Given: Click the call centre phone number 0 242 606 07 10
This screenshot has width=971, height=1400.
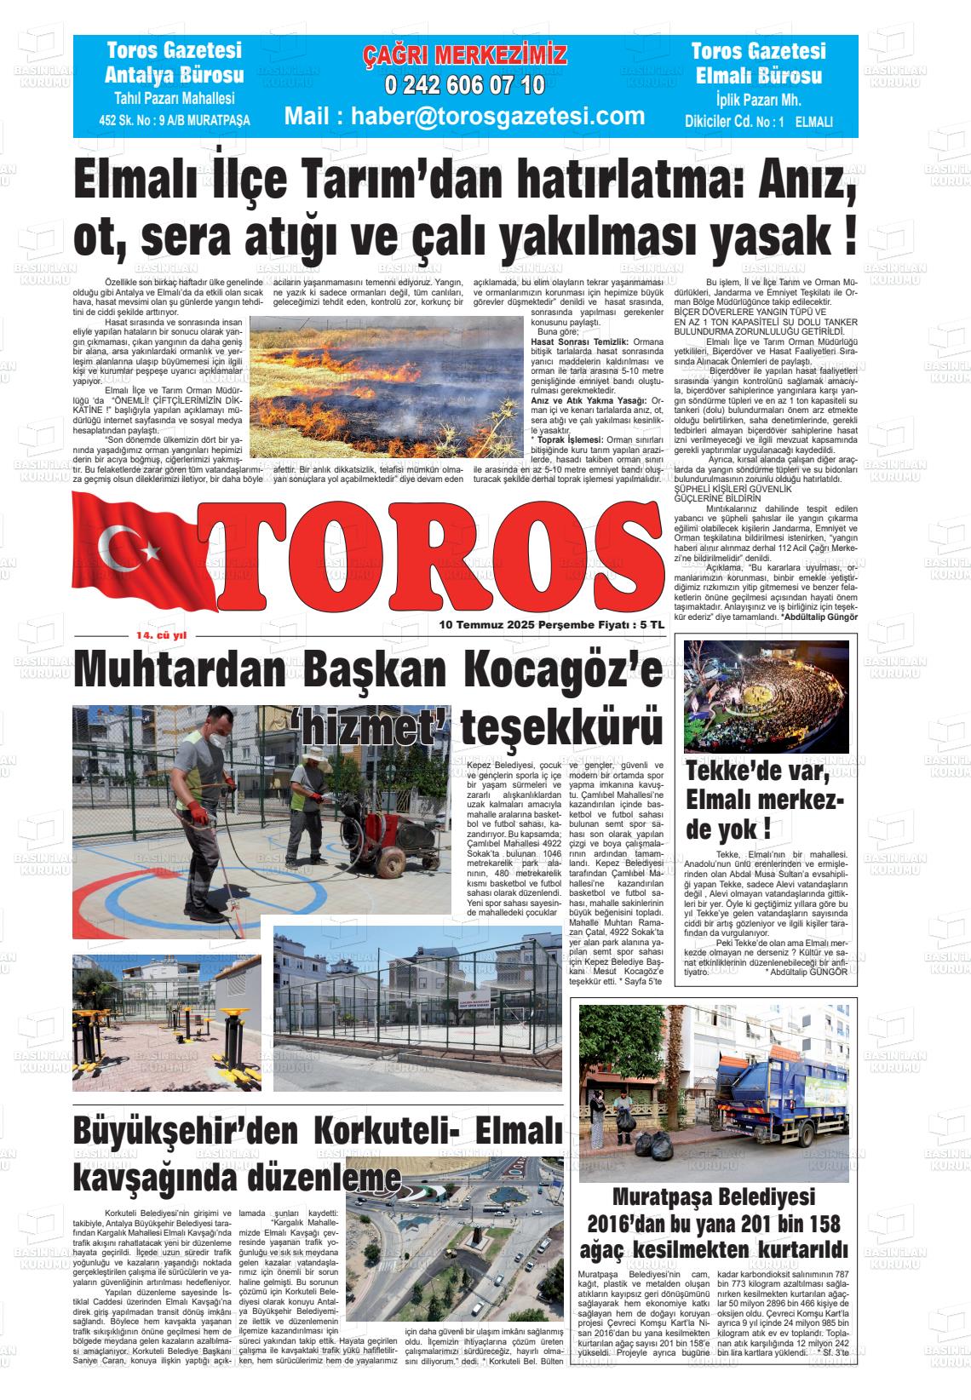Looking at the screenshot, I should tap(464, 85).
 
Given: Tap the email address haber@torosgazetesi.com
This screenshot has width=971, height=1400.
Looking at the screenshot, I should tap(464, 115).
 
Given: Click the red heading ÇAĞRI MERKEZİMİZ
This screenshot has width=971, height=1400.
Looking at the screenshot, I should tap(464, 56).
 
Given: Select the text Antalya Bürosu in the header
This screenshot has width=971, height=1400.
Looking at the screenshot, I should tap(174, 75).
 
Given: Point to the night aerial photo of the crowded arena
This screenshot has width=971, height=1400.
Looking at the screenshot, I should tap(767, 697).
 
